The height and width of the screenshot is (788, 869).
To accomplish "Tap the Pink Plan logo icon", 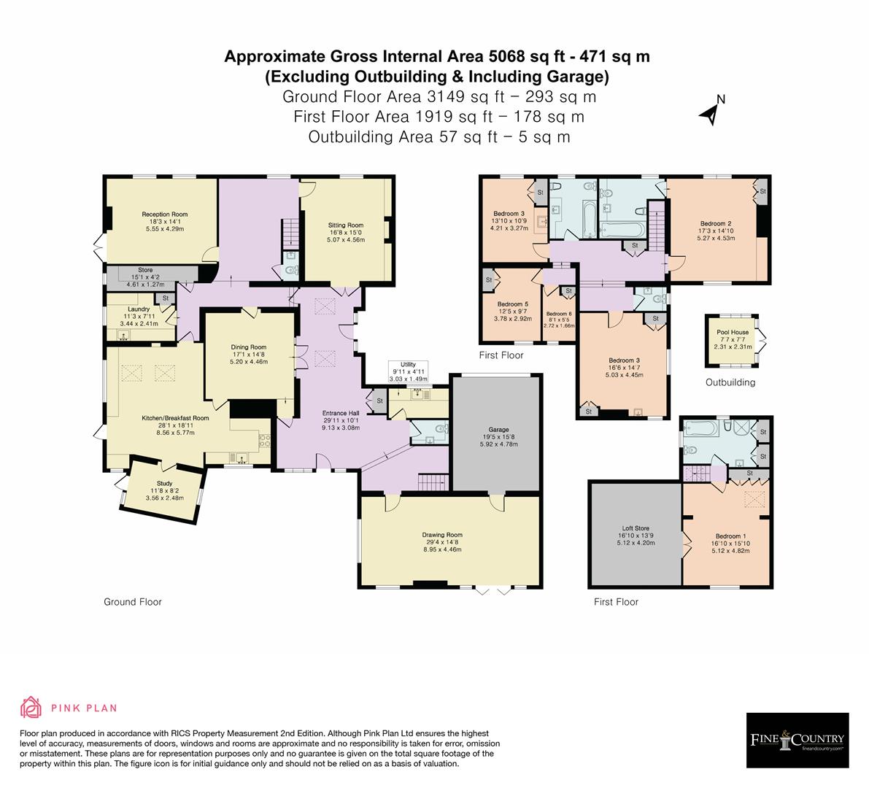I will (31, 707).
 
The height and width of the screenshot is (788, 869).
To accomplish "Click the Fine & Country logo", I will (797, 740).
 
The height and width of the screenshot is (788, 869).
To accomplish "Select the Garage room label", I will (498, 430).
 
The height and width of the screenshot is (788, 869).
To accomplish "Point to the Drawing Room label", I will (441, 535).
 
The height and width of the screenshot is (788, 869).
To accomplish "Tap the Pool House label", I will (733, 332).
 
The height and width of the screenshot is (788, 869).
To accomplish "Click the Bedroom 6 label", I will (560, 314).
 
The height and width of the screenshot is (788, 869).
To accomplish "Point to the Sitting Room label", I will (345, 225).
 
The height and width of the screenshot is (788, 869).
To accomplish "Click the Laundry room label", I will (138, 309).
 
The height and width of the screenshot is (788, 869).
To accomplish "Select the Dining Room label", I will (249, 347).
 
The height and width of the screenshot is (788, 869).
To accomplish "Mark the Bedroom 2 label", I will (715, 223).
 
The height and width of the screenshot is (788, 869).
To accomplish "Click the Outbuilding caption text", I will (730, 382).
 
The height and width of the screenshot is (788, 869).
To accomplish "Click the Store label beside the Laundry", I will (145, 270).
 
